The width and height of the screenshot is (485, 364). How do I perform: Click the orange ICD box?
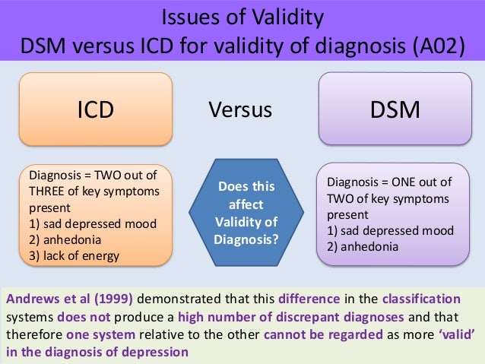[95, 109]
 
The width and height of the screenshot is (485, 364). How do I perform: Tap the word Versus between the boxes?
[240, 110]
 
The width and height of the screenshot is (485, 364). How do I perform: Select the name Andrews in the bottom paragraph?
[29, 299]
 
